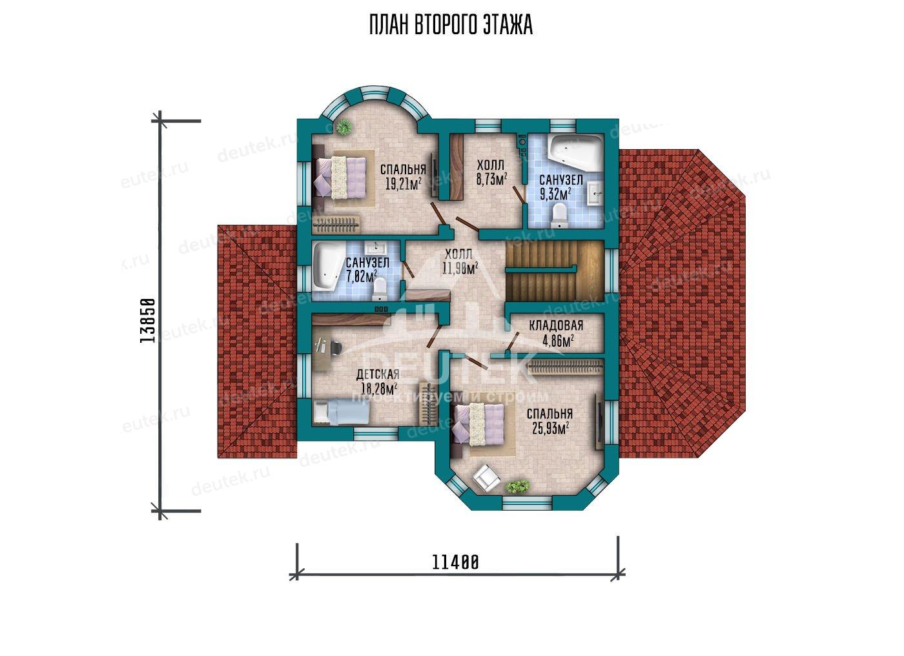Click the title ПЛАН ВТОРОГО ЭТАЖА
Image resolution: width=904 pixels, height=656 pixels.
coord(451,25)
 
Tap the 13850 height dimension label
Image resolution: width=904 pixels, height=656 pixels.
coord(147,321)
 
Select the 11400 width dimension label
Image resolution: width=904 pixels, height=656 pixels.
coord(455,562)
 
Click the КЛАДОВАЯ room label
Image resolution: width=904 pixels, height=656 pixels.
coord(556,325)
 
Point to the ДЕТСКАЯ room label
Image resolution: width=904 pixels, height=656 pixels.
coord(378,374)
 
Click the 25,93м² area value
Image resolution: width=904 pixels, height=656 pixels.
coord(550,427)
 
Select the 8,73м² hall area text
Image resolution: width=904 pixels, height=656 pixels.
coord(491,179)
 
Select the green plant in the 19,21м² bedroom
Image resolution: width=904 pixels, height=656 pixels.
coord(344,127)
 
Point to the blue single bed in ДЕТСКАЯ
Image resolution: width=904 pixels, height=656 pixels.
coord(341,412)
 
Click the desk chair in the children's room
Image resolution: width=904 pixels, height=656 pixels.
coord(336,348)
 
